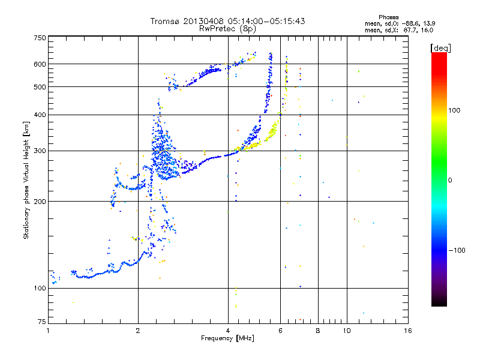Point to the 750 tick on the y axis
click(x=40, y=38)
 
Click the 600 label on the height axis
click(x=40, y=64)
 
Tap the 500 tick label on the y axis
click(x=40, y=87)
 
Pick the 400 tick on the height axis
click(x=40, y=115)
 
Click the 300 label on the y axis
click(x=40, y=151)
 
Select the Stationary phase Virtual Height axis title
click(x=26, y=181)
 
